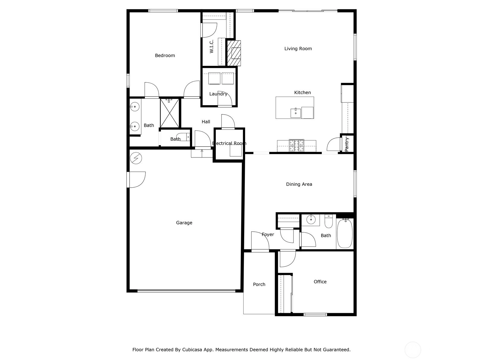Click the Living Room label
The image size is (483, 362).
coord(298,49)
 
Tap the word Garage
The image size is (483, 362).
coord(184,223)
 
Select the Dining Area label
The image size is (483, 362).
coord(299,184)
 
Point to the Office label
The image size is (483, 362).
coord(320,281)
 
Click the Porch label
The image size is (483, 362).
coord(259,284)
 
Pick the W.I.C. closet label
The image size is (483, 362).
coord(212,46)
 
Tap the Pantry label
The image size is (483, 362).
coord(347,144)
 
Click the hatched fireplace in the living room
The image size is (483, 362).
coord(234,53)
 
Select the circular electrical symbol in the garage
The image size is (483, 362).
coord(136,158)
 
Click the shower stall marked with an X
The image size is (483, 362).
coord(169,113)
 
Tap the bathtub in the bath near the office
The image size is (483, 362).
coord(345,233)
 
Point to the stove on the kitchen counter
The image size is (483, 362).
coord(296,145)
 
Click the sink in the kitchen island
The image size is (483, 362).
coord(296,113)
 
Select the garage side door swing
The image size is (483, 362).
coord(136,179)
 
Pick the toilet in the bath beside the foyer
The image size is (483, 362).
coord(328,221)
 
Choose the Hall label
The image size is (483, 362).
coord(206,122)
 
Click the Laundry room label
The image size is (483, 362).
coord(218,94)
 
